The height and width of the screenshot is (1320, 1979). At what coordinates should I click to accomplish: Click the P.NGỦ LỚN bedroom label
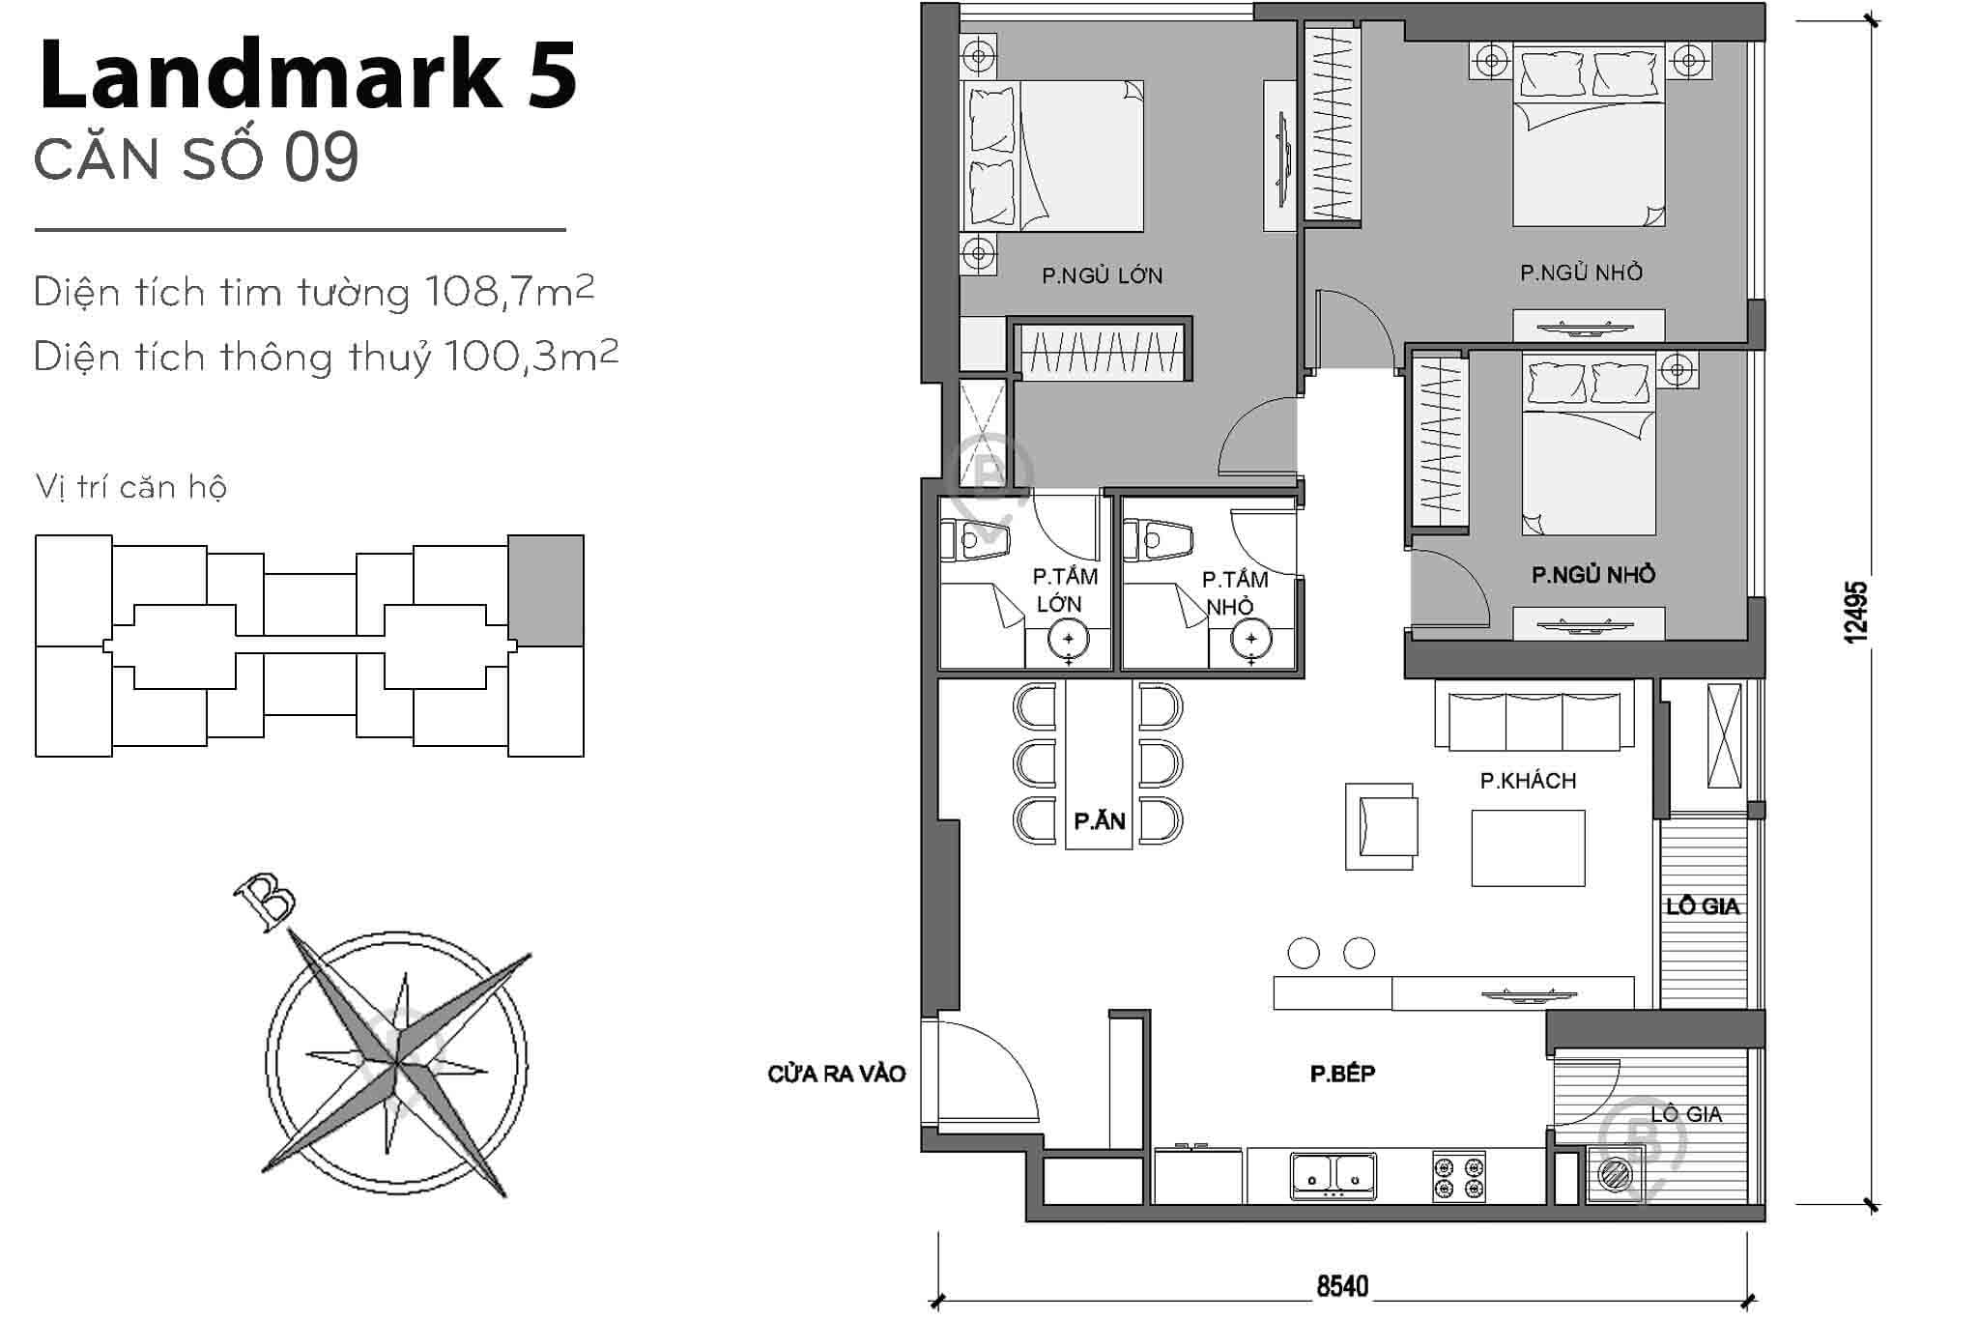tap(1102, 276)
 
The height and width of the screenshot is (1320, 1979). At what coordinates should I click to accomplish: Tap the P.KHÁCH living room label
tap(1528, 781)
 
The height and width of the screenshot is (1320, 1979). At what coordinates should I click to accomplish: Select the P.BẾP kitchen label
tap(1342, 1074)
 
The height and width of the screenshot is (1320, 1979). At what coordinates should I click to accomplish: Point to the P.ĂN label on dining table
tap(1100, 821)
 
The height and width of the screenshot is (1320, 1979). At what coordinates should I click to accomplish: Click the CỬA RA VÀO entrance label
tap(837, 1074)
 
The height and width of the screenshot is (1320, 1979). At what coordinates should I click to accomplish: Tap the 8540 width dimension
tap(1342, 1286)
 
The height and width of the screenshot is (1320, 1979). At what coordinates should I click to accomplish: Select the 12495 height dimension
tap(1855, 612)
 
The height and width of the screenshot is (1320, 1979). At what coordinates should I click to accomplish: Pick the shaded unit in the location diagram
tap(546, 590)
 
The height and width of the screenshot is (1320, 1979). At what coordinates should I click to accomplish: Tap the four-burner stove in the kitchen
tap(1458, 1176)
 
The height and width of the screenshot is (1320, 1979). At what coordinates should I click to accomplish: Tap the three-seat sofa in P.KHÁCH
tap(1534, 715)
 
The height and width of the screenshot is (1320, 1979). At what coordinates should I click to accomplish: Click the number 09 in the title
tap(321, 158)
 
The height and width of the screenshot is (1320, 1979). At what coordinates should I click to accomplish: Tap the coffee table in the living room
tap(1528, 847)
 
